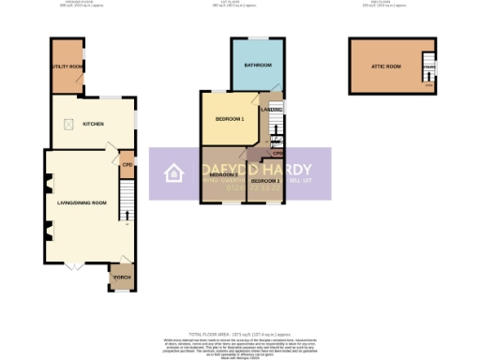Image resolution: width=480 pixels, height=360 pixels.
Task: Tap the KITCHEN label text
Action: [92, 124]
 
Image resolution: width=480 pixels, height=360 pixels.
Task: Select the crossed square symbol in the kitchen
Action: [68, 124]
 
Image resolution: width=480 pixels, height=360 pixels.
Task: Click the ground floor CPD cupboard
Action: [127, 166]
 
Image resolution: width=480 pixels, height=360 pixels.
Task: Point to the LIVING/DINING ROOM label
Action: [82, 202]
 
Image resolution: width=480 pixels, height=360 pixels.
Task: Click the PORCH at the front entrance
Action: [122, 277]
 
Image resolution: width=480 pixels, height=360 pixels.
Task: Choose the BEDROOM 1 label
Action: [230, 119]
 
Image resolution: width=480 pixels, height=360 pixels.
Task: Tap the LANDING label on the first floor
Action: [272, 110]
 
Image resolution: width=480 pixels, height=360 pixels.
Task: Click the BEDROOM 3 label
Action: [265, 180]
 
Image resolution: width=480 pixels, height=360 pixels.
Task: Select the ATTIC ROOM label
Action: [385, 66]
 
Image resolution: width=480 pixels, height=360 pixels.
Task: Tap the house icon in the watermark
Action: [173, 173]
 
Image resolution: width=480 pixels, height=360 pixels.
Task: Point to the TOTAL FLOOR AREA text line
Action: [239, 334]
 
